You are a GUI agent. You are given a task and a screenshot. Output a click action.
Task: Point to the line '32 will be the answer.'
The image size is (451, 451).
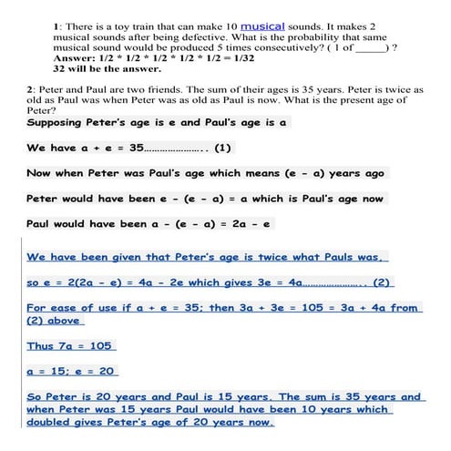tap(107, 68)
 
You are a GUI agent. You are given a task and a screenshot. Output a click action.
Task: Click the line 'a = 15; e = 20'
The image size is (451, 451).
tap(73, 372)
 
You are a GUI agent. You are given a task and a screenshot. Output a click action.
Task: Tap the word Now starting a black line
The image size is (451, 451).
tap(39, 172)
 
